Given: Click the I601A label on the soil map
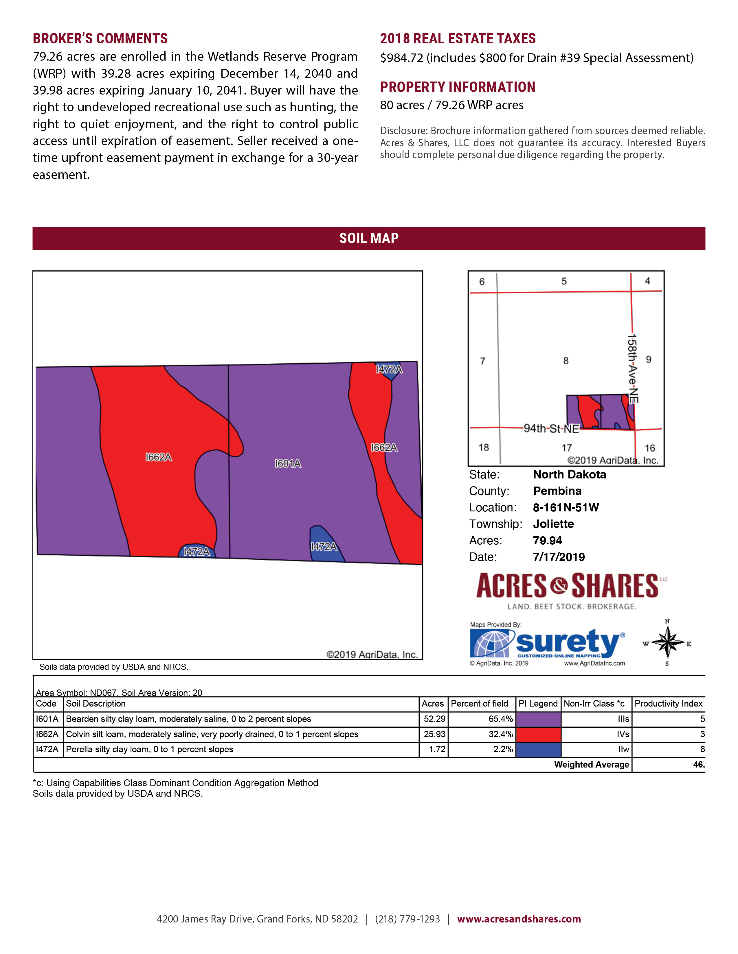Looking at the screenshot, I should click(x=288, y=463).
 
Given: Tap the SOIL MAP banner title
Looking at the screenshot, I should click(x=368, y=238).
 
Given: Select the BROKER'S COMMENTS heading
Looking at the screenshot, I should click(x=100, y=38).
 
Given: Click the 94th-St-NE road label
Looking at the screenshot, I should click(x=551, y=428).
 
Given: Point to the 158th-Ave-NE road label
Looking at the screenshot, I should click(x=632, y=369).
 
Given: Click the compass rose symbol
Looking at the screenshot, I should click(x=667, y=642).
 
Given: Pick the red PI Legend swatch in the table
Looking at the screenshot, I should click(x=538, y=734).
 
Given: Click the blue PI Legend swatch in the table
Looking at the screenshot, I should click(x=538, y=750).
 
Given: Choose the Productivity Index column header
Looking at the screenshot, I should click(x=668, y=704).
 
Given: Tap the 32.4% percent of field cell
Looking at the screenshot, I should click(x=500, y=734).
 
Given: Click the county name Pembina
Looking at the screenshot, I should click(x=557, y=491).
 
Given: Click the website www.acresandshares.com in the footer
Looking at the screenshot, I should click(x=519, y=919).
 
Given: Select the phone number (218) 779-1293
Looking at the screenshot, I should click(x=407, y=919).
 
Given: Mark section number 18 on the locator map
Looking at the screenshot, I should click(x=484, y=447).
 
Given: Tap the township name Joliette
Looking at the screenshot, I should click(x=553, y=524).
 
